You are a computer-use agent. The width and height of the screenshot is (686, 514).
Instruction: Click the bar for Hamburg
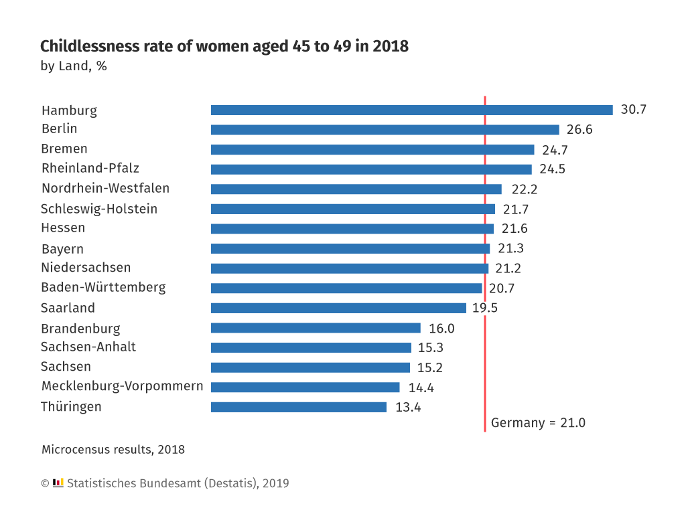coord(411,110)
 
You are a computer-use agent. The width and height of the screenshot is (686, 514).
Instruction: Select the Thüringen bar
coord(299,407)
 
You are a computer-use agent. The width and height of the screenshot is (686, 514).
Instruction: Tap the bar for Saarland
coord(338,308)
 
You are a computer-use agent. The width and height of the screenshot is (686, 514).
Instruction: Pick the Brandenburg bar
coord(316,328)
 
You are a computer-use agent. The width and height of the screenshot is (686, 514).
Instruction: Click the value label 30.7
coord(633,110)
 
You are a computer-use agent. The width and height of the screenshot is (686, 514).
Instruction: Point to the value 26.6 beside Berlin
coord(579,130)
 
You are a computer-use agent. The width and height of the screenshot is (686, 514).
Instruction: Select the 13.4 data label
coord(408,407)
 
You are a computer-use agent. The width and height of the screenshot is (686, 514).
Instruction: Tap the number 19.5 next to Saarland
coord(484,308)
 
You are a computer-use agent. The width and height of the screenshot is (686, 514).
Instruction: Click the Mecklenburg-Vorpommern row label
coord(122,387)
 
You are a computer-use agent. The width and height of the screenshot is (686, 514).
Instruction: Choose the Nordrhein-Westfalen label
coord(105,188)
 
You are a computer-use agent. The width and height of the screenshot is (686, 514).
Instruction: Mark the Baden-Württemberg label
coord(103,288)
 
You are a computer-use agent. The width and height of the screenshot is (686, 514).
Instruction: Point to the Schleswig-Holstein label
coord(99,209)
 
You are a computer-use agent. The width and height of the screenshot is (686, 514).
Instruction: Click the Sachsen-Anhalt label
coord(88,347)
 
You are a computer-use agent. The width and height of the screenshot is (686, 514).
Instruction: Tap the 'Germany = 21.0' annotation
coord(538,423)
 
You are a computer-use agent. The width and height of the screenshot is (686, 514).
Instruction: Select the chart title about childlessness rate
coord(224,47)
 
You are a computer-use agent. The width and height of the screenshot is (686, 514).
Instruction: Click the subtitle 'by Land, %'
coord(74,66)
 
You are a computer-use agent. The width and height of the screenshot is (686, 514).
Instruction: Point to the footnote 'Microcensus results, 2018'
coord(113,450)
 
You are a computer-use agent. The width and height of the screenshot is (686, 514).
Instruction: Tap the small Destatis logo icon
coord(58,483)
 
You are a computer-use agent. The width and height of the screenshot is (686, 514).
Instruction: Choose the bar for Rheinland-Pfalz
coord(371,169)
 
